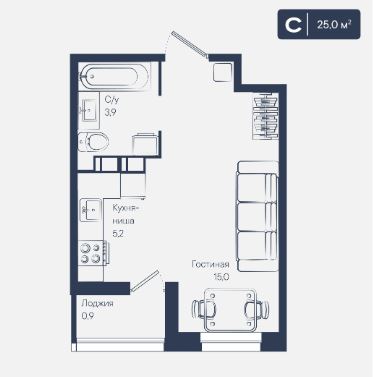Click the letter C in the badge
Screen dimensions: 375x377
pos(293,25)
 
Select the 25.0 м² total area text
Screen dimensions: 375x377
pos(334,25)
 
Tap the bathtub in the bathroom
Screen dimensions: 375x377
pos(109,77)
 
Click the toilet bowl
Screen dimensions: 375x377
pos(94,142)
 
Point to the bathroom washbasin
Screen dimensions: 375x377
pos(89,110)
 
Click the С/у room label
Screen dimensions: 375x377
pos(111,99)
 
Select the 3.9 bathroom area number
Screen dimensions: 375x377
pos(110,113)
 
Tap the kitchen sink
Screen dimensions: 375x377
pos(91,210)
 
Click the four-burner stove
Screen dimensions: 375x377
pos(91,253)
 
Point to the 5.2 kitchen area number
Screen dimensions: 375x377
pos(118,234)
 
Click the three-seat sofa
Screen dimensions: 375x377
pos(257,216)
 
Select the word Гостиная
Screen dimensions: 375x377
pos(210,264)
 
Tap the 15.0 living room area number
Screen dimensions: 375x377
pos(221,277)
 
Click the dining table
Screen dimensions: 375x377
pos(230,310)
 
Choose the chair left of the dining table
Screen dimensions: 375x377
pos(204,310)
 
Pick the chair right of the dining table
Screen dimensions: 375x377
pos(257,310)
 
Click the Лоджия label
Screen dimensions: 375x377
pos(97,304)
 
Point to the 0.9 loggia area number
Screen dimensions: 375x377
pos(87,316)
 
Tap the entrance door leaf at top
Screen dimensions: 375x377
pos(190,43)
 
